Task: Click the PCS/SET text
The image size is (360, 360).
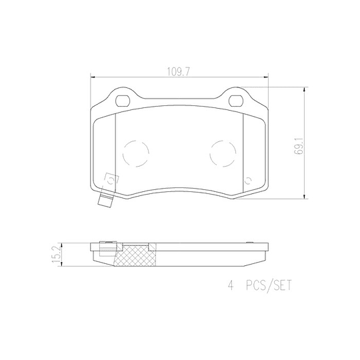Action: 269,287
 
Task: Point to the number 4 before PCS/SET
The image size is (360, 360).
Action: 231,287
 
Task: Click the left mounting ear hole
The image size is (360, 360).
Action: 123,101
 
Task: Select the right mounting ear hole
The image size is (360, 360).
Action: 237,101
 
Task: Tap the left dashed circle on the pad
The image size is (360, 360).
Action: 137,153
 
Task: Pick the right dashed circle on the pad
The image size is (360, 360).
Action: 223,153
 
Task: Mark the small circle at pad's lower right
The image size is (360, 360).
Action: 248,179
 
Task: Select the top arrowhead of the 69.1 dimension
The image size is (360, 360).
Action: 305,87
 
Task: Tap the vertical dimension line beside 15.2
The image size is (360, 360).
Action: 65,253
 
